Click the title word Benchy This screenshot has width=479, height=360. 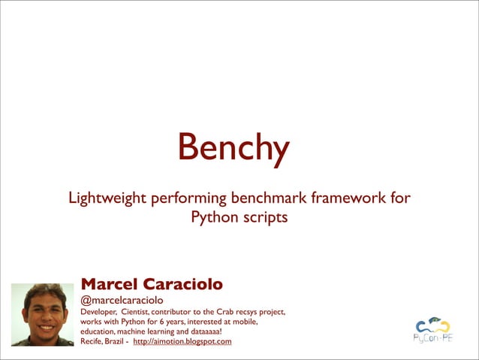(233, 148)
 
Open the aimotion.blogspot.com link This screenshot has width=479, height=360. (182, 342)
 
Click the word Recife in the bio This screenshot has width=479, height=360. (93, 342)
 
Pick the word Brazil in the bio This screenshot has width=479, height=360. (117, 342)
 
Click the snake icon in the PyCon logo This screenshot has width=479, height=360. (432, 325)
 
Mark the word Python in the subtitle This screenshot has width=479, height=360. (212, 218)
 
